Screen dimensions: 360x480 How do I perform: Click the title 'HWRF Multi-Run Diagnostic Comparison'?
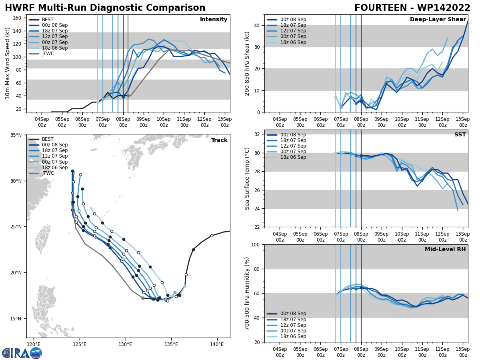click(x=105, y=8)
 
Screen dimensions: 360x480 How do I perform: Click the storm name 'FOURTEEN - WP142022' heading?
click(x=412, y=8)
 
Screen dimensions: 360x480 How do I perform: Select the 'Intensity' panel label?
click(x=214, y=20)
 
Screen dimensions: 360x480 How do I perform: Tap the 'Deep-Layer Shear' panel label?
click(x=438, y=20)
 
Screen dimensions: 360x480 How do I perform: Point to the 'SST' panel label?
click(x=460, y=135)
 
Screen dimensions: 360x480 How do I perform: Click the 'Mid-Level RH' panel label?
click(x=445, y=250)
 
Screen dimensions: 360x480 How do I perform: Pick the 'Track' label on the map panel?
click(x=219, y=140)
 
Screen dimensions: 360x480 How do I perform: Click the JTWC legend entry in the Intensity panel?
click(x=48, y=54)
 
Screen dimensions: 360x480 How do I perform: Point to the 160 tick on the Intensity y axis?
click(x=18, y=18)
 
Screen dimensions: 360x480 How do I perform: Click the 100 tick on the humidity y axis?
click(x=256, y=244)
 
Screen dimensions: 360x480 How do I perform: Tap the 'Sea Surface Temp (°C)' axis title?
click(x=247, y=178)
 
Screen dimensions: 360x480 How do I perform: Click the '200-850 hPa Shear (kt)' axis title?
click(x=247, y=64)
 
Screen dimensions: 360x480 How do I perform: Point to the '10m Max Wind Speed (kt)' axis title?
click(x=8, y=64)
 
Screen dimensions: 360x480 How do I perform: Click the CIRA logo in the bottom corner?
click(x=22, y=353)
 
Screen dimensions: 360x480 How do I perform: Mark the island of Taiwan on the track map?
click(x=43, y=239)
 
